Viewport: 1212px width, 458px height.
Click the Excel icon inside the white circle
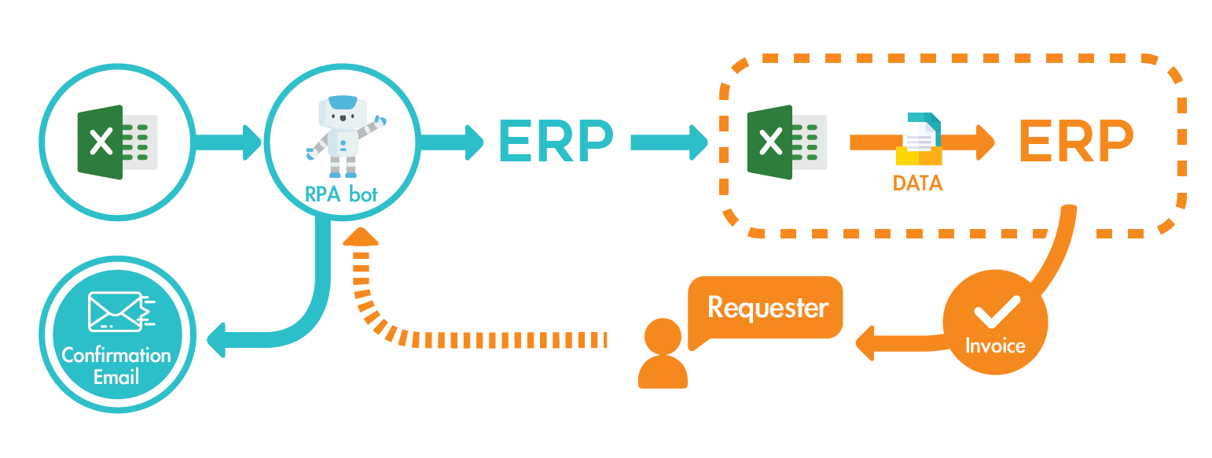pos(117,142)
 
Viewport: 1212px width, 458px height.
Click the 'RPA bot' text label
pos(342,194)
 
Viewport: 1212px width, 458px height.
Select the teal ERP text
pos(555,142)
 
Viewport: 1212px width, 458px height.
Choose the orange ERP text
pos(1075,142)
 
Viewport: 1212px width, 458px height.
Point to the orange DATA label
pos(917,183)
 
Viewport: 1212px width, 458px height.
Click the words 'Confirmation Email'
pos(116,366)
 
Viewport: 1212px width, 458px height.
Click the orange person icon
pos(663,354)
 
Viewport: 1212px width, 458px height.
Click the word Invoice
pos(995,345)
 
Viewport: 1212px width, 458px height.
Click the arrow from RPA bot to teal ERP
pos(453,142)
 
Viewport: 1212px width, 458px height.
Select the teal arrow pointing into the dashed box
pos(669,142)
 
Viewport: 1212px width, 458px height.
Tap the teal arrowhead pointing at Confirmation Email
pos(217,340)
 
